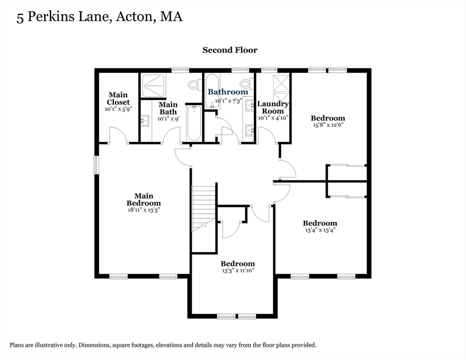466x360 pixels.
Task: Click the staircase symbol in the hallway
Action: [x=203, y=208]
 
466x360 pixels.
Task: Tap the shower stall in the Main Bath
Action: [x=153, y=86]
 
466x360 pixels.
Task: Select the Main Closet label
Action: [x=118, y=98]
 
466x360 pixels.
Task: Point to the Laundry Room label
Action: [x=273, y=107]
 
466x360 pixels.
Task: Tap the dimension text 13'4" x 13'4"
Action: [x=319, y=230]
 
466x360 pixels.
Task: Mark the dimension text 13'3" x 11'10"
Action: [x=238, y=270]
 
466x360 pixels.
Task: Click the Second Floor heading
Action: [x=230, y=50]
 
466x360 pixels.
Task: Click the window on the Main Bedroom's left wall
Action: [x=96, y=165]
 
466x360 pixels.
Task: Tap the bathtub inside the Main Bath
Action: [x=194, y=123]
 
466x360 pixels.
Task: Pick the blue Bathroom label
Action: [x=228, y=92]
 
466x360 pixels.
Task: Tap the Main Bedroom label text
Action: [x=143, y=199]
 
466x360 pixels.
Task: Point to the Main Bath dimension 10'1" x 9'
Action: [x=167, y=119]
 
